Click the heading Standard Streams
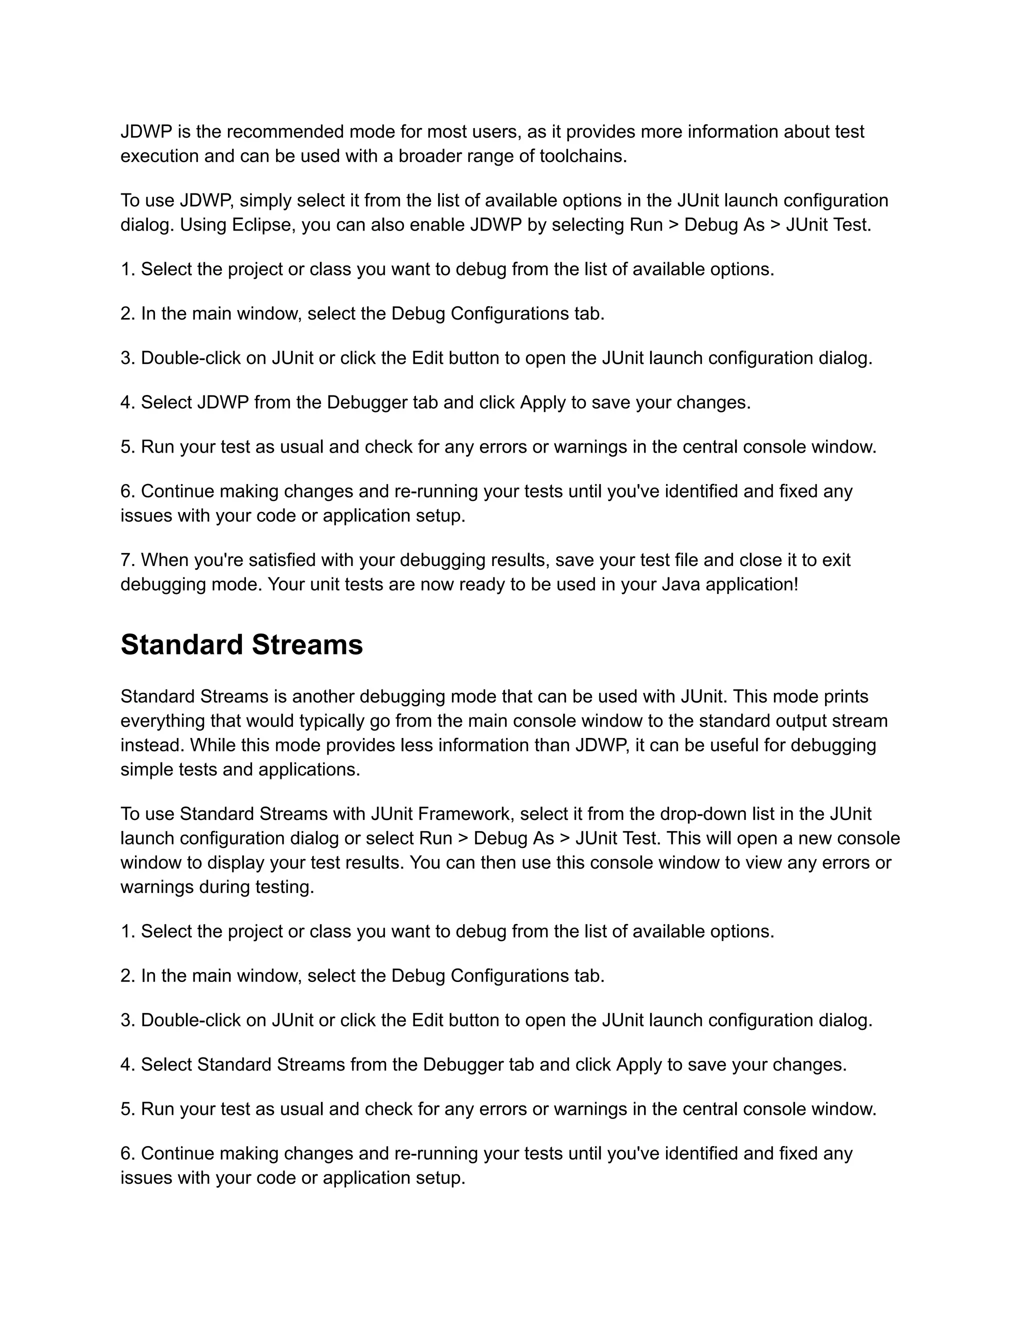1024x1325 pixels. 241,644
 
